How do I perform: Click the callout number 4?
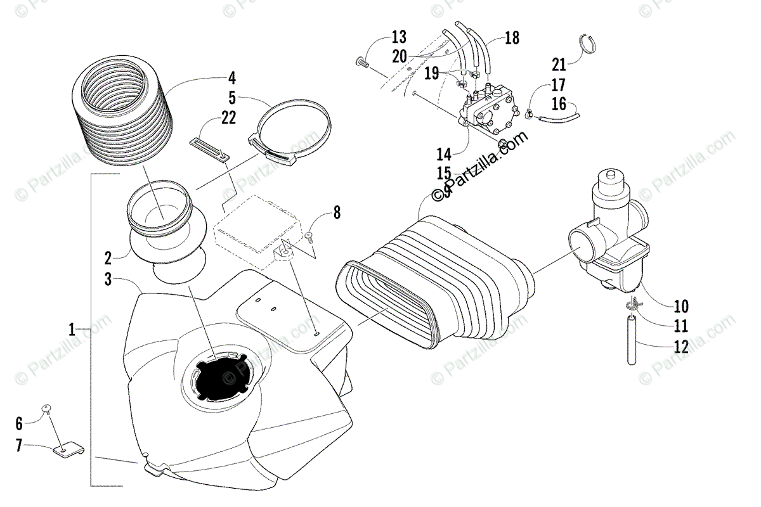coord(232,79)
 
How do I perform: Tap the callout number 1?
coord(73,329)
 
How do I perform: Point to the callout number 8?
coord(336,212)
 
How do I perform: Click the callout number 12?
coord(681,347)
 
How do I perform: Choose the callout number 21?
coord(559,63)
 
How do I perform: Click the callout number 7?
coord(19,446)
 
